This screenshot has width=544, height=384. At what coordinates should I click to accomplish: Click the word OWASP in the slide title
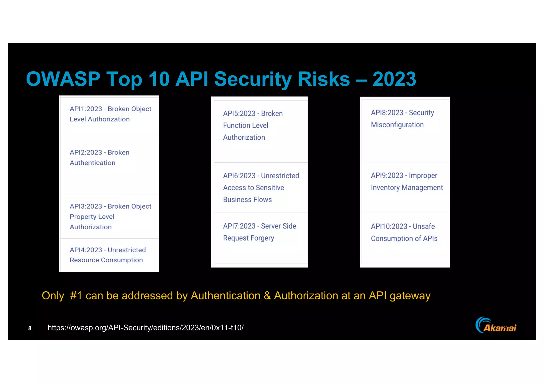pyautogui.click(x=63, y=79)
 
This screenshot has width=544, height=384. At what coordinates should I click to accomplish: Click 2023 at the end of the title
pyautogui.click(x=394, y=79)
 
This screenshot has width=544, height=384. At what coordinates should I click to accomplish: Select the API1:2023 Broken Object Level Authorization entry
pyautogui.click(x=110, y=114)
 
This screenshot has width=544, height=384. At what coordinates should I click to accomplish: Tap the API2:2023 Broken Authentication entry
pyautogui.click(x=99, y=158)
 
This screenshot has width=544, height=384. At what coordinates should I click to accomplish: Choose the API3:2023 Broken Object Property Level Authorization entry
pyautogui.click(x=110, y=217)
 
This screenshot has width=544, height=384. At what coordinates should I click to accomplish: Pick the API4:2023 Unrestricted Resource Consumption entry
pyautogui.click(x=108, y=255)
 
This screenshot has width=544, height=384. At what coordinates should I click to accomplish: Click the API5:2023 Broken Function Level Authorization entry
pyautogui.click(x=253, y=125)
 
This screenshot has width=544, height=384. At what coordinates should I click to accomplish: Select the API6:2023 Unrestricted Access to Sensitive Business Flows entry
pyautogui.click(x=261, y=188)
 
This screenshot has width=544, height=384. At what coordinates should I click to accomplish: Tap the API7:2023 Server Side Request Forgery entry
pyautogui.click(x=259, y=232)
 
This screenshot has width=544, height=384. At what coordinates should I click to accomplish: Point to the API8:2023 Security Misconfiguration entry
pyautogui.click(x=402, y=119)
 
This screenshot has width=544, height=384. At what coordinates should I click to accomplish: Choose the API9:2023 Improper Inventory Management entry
pyautogui.click(x=407, y=182)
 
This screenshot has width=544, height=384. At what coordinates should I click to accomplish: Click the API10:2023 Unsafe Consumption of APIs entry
pyautogui.click(x=404, y=232)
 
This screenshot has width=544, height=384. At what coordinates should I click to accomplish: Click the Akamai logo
pyautogui.click(x=496, y=325)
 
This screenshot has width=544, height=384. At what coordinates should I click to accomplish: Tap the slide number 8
pyautogui.click(x=30, y=328)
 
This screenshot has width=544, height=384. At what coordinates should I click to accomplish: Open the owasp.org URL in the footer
pyautogui.click(x=146, y=328)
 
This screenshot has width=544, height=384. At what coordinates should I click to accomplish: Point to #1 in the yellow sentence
pyautogui.click(x=76, y=296)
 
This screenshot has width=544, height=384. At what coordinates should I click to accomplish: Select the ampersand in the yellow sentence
pyautogui.click(x=267, y=296)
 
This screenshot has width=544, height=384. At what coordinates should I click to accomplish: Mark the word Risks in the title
pyautogui.click(x=324, y=79)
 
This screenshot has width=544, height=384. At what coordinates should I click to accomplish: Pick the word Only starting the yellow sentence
pyautogui.click(x=53, y=296)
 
